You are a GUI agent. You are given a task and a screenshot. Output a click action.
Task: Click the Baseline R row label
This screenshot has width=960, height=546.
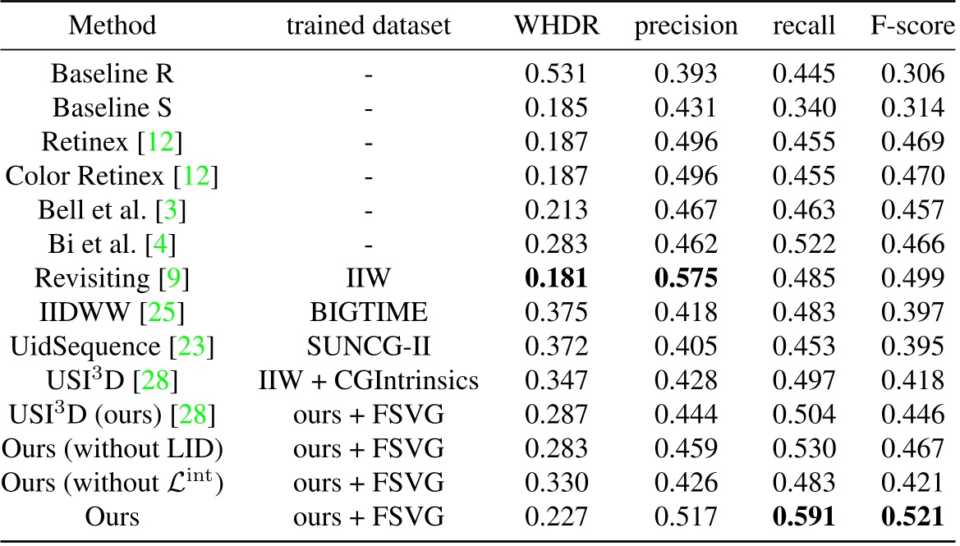pyautogui.click(x=113, y=74)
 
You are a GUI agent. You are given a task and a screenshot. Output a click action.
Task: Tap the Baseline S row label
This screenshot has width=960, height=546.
pyautogui.click(x=113, y=108)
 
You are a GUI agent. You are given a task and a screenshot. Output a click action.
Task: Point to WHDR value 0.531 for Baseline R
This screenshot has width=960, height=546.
pyautogui.click(x=558, y=74)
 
